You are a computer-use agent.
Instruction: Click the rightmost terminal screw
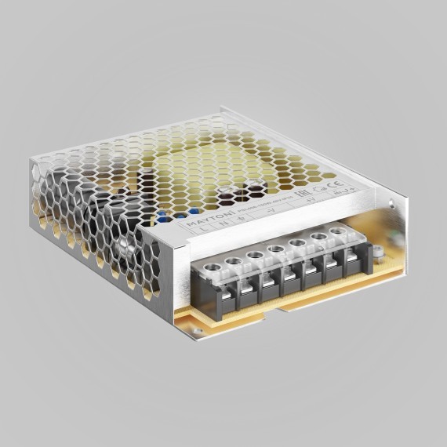[x=339, y=232]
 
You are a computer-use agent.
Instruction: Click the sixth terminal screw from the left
[x=318, y=238]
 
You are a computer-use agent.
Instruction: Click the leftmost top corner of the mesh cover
[x=31, y=159]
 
